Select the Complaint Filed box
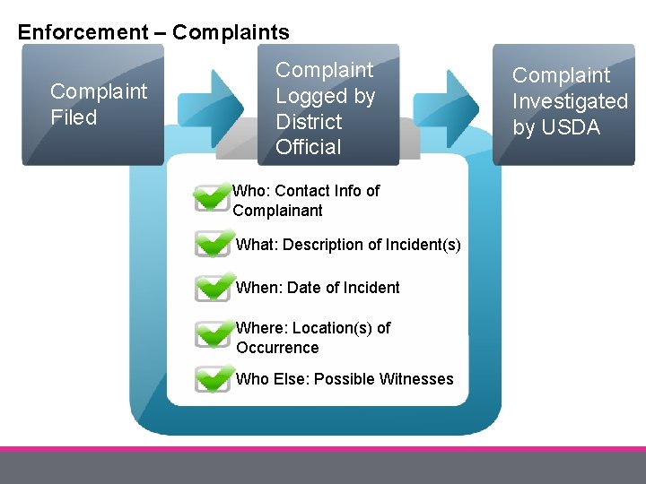tap(92, 105)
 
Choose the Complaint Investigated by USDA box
tap(563, 105)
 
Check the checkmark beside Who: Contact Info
tap(213, 197)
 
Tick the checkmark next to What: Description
tap(214, 243)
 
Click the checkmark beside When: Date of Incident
tap(214, 287)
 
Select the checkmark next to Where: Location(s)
tap(214, 334)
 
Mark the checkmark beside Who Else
tap(214, 378)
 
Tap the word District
tap(309, 121)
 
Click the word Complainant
tap(277, 211)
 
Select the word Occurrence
tap(277, 348)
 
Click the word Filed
tap(74, 117)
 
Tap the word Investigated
tap(570, 101)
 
